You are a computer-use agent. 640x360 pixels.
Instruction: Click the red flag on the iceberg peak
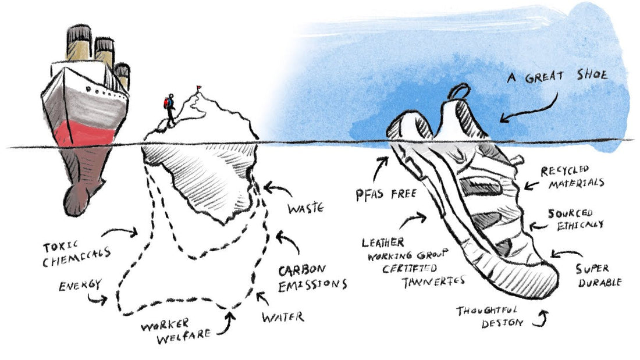coord(199,87)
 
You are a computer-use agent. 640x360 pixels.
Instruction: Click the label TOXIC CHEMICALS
coord(76,254)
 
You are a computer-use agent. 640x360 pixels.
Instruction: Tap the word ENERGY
coord(80,285)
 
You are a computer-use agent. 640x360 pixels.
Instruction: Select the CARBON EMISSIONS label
coord(312,279)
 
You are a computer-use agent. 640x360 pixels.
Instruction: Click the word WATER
coord(283,317)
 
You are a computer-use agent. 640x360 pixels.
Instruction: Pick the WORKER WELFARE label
coord(176,330)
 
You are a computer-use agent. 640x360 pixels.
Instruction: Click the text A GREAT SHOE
coord(557,76)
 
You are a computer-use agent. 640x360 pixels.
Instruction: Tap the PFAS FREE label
coord(386,194)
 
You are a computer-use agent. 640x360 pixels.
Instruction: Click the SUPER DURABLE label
coord(599,276)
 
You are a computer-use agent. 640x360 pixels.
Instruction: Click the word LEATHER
coord(383,243)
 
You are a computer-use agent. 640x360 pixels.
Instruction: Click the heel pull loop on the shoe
coord(460,90)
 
